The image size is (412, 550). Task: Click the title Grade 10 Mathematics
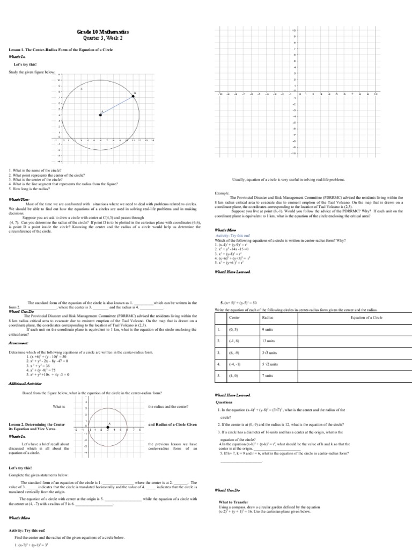(x=102, y=32)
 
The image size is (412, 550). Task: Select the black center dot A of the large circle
(x=100, y=114)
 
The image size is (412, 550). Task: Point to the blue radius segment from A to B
(x=117, y=105)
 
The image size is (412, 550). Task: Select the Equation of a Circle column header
(x=366, y=318)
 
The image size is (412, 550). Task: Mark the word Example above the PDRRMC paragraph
(x=222, y=192)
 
